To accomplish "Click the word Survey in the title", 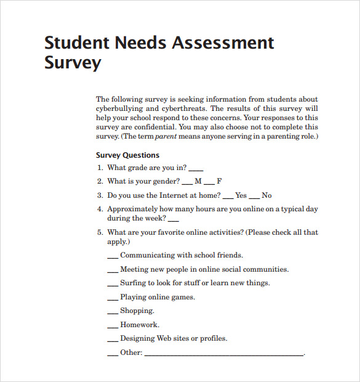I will point(73,63).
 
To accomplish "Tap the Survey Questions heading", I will point(127,155).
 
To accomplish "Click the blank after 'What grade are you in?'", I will point(196,169).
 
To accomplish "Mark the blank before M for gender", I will point(188,183).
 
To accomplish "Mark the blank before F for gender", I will point(209,183).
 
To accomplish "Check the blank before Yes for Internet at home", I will point(228,197).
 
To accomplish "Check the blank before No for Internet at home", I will point(254,197).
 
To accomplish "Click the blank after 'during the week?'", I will point(174,220).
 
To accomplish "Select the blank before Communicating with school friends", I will point(113,257).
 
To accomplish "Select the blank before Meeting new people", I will point(113,271).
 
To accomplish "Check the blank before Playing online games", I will point(113,299).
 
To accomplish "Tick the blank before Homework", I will point(113,327).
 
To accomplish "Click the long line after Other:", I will point(223,355).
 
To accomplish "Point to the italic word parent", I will point(166,136).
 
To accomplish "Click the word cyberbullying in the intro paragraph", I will point(121,108).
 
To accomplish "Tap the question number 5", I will point(99,233).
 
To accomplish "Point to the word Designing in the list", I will point(137,339).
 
